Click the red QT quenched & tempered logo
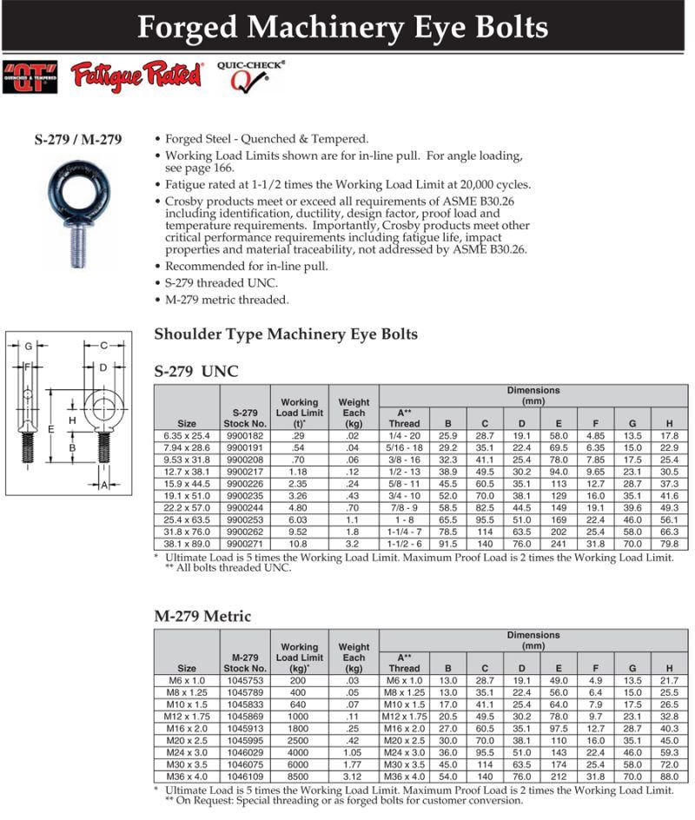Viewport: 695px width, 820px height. pyautogui.click(x=30, y=76)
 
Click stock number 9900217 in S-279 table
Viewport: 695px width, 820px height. pyautogui.click(x=244, y=470)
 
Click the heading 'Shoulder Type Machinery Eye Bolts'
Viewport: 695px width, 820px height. pyautogui.click(x=285, y=334)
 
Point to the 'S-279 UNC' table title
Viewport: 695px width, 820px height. pyautogui.click(x=195, y=372)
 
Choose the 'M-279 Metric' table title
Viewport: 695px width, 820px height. pyautogui.click(x=202, y=617)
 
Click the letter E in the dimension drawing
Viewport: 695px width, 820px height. pyautogui.click(x=52, y=429)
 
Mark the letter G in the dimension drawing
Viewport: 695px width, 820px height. pyautogui.click(x=29, y=346)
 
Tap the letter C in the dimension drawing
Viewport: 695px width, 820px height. pyautogui.click(x=103, y=346)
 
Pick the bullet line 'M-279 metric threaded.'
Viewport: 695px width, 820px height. pyautogui.click(x=227, y=300)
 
